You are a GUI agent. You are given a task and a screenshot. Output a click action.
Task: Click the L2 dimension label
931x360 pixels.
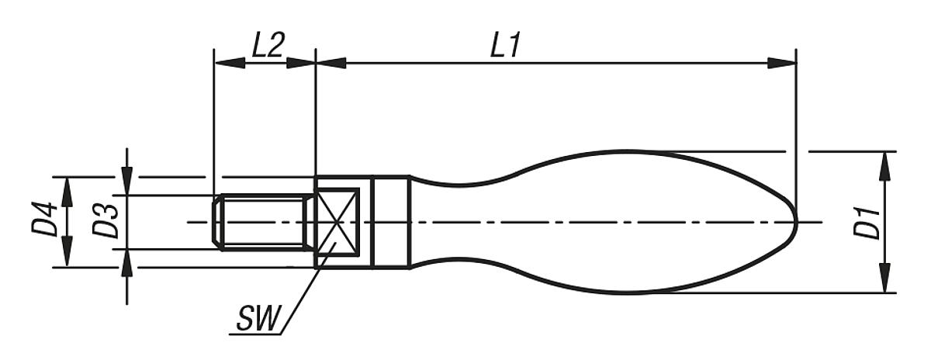tap(266, 46)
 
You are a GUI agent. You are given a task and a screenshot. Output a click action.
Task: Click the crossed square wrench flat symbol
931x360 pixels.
tap(337, 222)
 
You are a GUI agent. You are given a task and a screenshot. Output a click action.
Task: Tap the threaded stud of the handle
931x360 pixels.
tap(264, 223)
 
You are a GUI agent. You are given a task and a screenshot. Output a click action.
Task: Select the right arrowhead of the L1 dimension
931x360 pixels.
tap(782, 63)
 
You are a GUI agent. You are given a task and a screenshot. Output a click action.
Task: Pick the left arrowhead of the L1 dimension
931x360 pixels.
tap(331, 63)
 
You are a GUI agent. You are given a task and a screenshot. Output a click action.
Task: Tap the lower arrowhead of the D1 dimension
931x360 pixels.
tap(884, 279)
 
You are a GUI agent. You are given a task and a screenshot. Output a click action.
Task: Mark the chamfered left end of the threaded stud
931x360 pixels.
tap(218, 223)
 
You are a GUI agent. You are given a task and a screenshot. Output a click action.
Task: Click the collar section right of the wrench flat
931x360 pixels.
tap(390, 223)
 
